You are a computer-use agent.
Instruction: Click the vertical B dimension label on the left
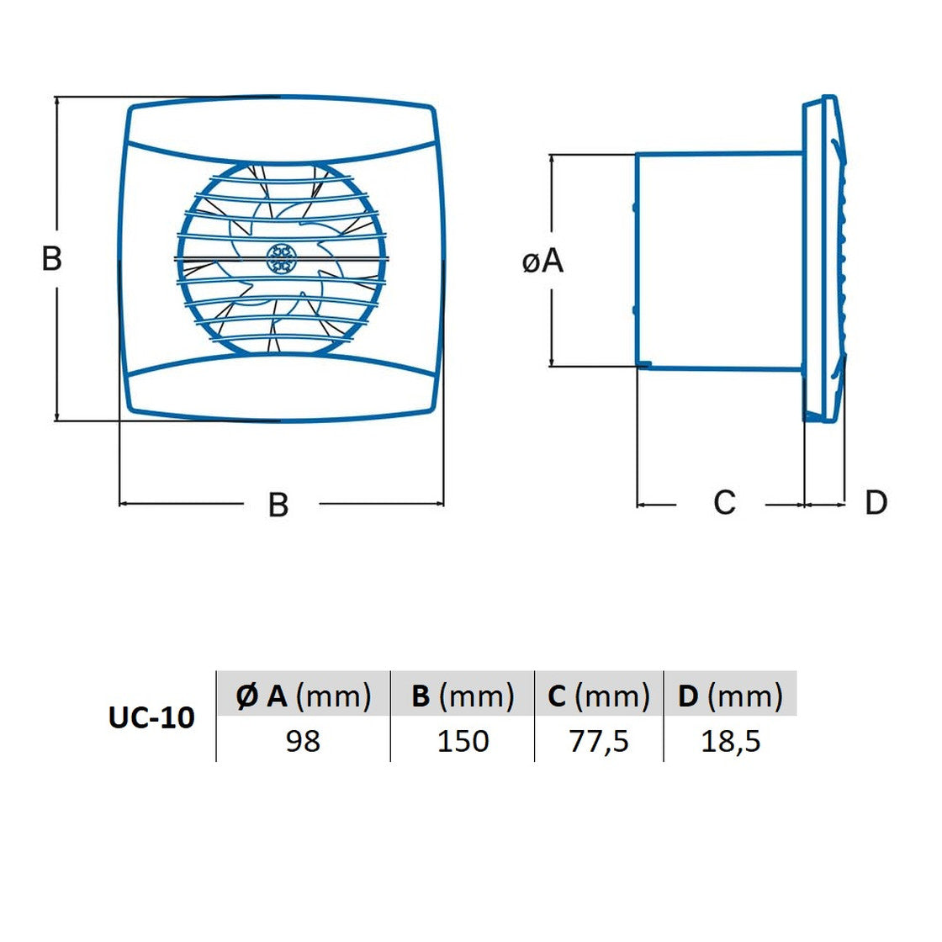click(51, 259)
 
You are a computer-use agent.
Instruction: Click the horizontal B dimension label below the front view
click(278, 505)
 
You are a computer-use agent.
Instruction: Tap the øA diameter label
click(543, 262)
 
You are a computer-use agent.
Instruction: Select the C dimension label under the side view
click(724, 502)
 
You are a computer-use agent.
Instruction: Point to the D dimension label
click(876, 502)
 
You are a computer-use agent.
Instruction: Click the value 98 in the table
click(303, 741)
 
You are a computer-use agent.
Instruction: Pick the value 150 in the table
click(463, 741)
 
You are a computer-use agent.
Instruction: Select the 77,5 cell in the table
click(599, 741)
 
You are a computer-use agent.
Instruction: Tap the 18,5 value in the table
click(731, 741)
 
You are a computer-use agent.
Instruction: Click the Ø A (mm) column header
click(304, 696)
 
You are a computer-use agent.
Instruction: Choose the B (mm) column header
click(463, 696)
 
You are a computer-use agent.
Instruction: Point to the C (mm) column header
click(599, 696)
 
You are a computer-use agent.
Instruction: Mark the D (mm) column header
click(731, 696)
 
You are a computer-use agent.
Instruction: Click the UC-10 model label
click(151, 717)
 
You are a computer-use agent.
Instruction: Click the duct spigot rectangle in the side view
click(720, 262)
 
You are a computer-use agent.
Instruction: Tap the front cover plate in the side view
click(824, 258)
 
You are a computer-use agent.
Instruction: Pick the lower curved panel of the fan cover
click(281, 386)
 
